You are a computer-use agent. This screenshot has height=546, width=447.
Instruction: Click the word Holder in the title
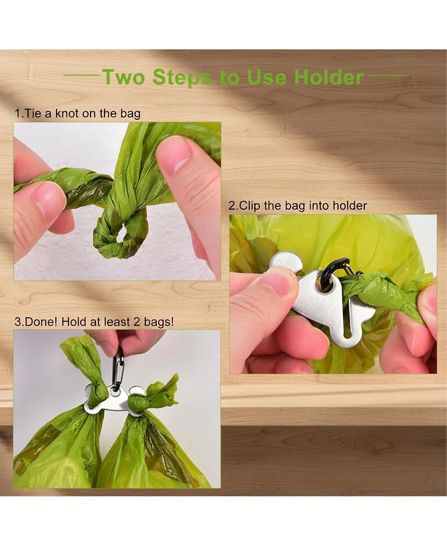tap(329, 77)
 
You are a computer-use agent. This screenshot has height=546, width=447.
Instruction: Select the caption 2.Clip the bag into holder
tap(298, 206)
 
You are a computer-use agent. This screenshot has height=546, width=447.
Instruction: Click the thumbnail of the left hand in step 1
tap(47, 198)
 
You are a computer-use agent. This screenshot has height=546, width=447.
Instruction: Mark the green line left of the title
tap(80, 75)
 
